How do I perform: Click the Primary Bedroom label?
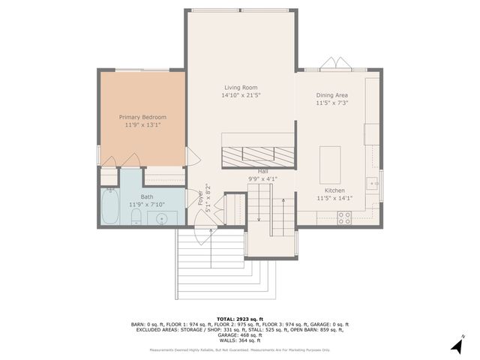click(x=142, y=117)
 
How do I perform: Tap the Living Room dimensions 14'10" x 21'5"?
click(x=241, y=95)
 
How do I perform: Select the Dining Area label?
click(x=331, y=95)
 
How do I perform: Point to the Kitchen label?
click(x=331, y=190)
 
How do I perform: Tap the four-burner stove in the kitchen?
click(x=345, y=217)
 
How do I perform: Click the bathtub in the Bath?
click(x=111, y=208)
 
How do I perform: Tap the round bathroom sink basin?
click(x=162, y=218)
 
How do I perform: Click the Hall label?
click(x=263, y=171)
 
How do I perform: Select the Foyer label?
click(x=200, y=198)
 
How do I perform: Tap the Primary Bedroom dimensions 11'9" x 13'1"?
click(x=142, y=125)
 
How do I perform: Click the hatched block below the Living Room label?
click(x=258, y=154)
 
